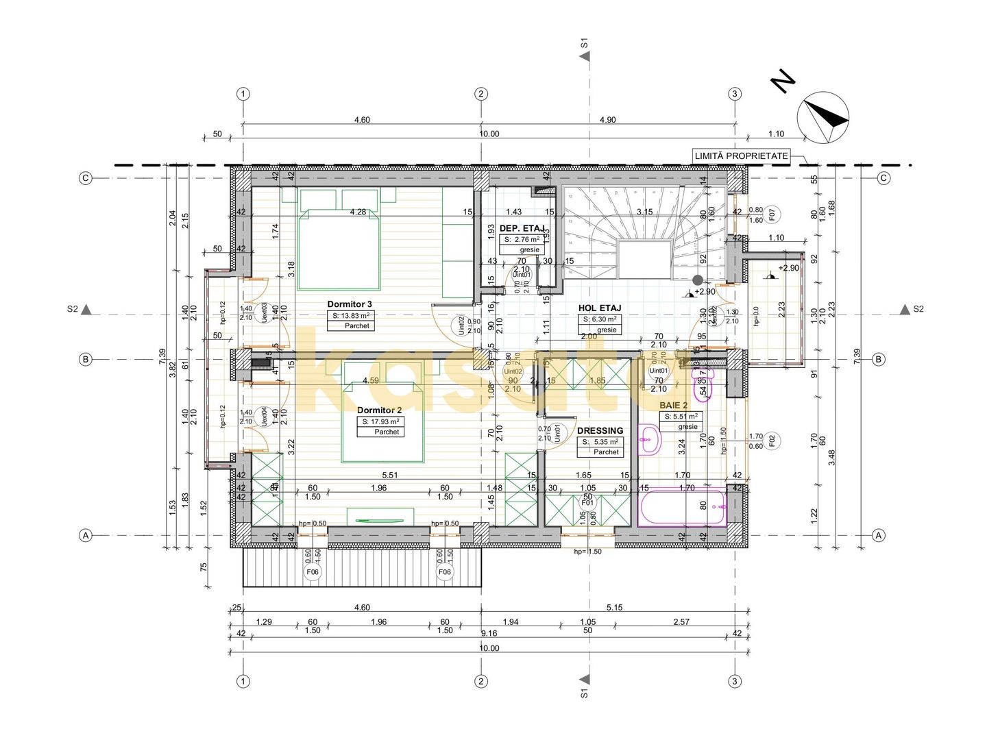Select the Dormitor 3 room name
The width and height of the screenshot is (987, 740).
[x=349, y=304]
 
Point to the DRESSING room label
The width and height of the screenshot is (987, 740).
[x=600, y=431]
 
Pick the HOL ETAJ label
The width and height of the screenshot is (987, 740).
[x=600, y=308]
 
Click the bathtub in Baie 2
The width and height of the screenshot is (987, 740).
[x=682, y=507]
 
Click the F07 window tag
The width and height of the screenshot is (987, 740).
[x=771, y=215]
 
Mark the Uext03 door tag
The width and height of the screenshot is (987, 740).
[x=264, y=312]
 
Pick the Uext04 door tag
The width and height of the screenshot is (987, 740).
[x=264, y=417]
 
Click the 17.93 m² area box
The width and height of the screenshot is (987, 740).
[x=380, y=421]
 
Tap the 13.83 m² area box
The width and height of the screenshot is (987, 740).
[x=351, y=316]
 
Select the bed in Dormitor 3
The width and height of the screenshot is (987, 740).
[x=339, y=249]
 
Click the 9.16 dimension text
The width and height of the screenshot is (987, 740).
[x=489, y=634]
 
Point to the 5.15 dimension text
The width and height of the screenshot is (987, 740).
[x=613, y=608]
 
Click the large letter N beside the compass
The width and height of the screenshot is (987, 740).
[x=783, y=81]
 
